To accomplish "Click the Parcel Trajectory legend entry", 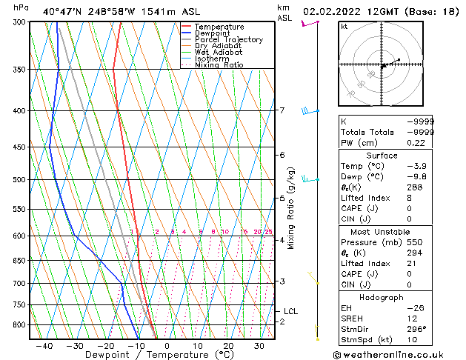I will pyautogui.click(x=228, y=39).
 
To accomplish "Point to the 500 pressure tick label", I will pyautogui.click(x=19, y=179).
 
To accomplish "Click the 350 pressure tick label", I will pyautogui.click(x=19, y=70).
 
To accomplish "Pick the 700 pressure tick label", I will pyautogui.click(x=19, y=284).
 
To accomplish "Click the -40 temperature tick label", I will pyautogui.click(x=44, y=345).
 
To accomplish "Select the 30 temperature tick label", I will pyautogui.click(x=259, y=345).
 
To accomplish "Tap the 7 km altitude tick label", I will pyautogui.click(x=282, y=111).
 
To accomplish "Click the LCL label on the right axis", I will pyautogui.click(x=290, y=312).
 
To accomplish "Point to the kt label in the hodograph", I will pyautogui.click(x=344, y=26).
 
